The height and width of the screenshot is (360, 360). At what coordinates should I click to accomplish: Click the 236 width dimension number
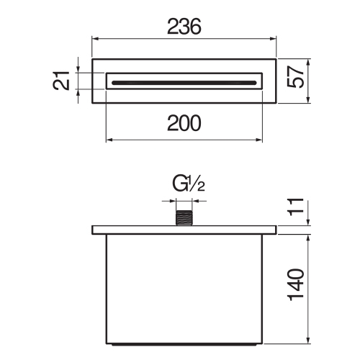click(184, 27)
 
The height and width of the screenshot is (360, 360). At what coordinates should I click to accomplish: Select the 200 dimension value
click(184, 123)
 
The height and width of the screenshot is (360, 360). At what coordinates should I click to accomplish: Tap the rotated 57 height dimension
click(296, 77)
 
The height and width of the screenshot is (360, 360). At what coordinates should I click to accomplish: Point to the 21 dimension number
click(61, 81)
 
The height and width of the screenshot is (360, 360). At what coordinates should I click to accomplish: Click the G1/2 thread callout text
click(189, 184)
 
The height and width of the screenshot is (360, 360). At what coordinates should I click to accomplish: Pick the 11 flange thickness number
click(295, 207)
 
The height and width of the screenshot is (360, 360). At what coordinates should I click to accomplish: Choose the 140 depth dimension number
click(295, 285)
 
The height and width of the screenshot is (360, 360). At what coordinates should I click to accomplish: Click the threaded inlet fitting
click(184, 218)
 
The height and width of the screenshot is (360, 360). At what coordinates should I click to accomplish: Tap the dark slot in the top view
click(184, 83)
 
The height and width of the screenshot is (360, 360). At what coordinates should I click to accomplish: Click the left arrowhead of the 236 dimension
click(96, 38)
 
